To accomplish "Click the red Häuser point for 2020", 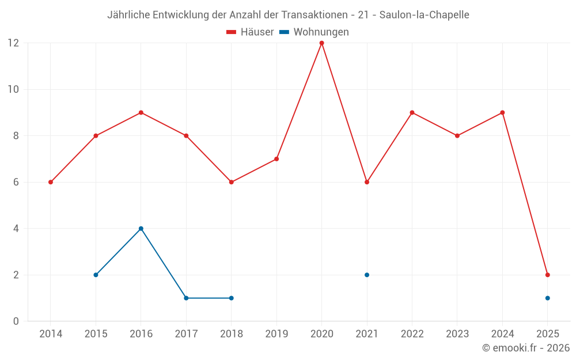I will [x=321, y=43].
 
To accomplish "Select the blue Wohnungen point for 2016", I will [x=141, y=229].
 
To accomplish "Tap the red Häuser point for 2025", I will [x=547, y=275].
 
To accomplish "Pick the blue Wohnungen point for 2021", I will [x=367, y=275].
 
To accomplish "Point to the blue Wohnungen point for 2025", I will [x=547, y=298].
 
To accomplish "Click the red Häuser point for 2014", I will [x=51, y=182].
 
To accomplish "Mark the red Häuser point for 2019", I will [x=276, y=159].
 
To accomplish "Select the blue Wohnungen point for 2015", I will [x=96, y=275].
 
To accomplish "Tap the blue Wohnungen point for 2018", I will [x=231, y=298].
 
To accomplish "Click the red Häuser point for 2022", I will [x=412, y=112].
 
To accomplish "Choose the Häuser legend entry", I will [x=250, y=32].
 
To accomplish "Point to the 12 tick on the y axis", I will [x=13, y=43].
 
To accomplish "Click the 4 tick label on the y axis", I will [x=16, y=229].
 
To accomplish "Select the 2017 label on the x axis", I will [x=186, y=334].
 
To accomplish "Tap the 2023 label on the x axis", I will [x=457, y=334].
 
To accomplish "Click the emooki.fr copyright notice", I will [x=526, y=348].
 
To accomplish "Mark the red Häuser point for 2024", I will [x=502, y=112].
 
